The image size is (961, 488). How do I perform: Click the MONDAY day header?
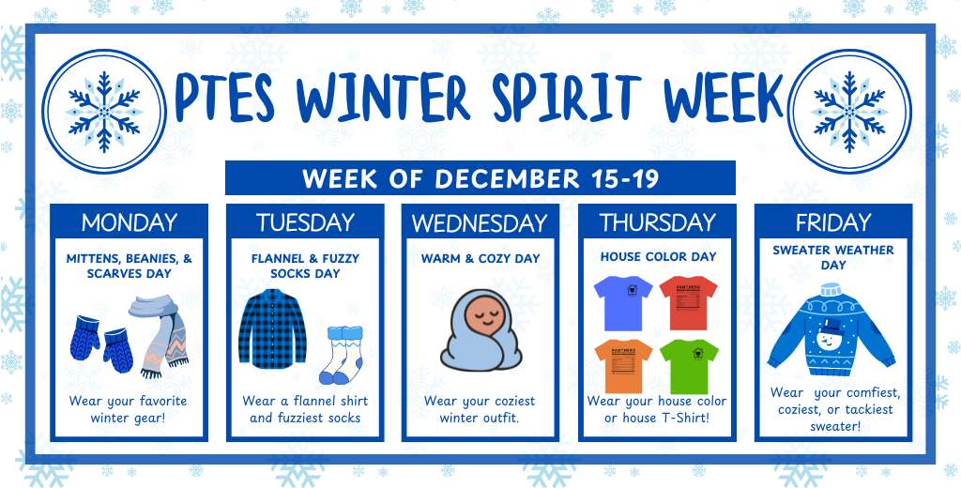[x=129, y=223]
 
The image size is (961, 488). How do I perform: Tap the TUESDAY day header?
[x=305, y=223]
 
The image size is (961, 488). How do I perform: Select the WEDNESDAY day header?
[x=480, y=223]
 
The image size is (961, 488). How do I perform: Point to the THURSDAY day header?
[x=657, y=223]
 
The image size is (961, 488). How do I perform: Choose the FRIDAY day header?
[x=832, y=223]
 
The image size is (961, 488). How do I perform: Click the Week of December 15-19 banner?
[x=480, y=177]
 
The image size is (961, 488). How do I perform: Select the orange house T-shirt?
[x=622, y=364]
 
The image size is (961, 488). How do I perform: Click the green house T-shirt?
[x=689, y=364]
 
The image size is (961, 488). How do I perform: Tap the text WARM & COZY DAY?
[x=480, y=258]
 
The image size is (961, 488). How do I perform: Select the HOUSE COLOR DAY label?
[x=658, y=256]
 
